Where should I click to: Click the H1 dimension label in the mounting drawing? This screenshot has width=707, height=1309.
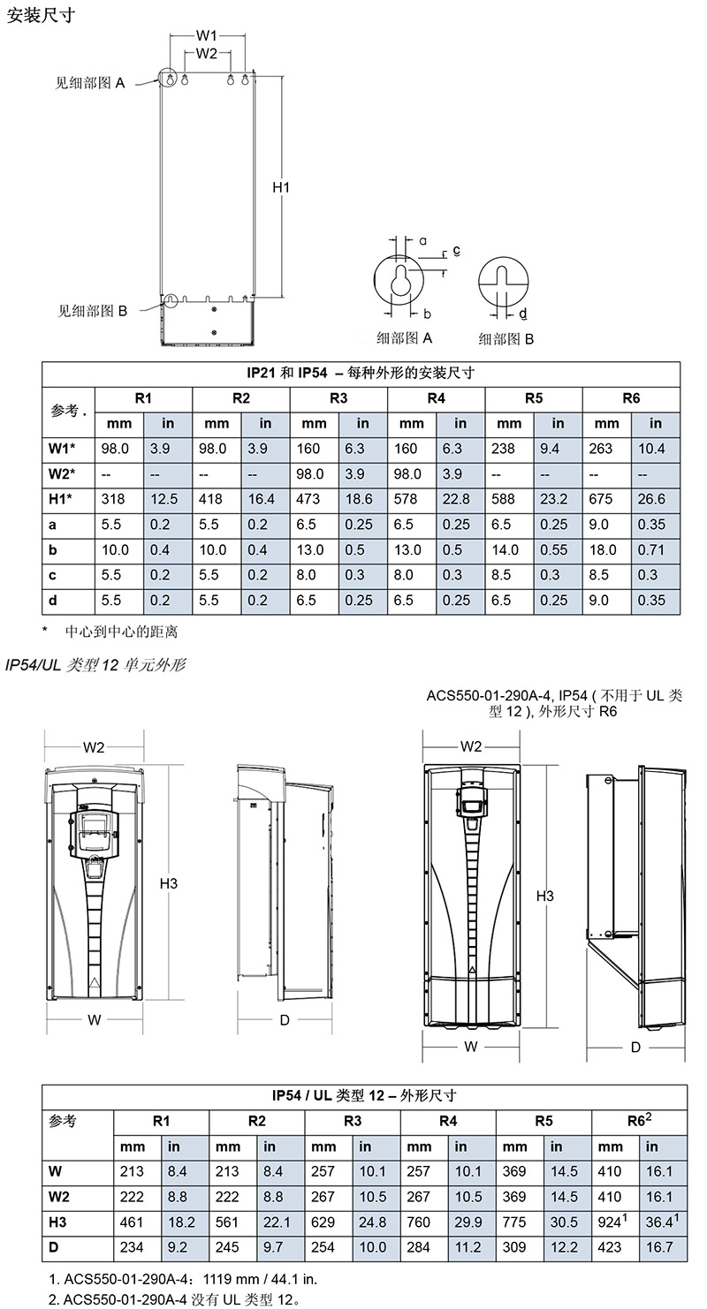tap(281, 187)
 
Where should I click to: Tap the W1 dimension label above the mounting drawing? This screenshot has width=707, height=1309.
tap(207, 35)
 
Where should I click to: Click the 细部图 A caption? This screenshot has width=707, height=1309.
tap(404, 337)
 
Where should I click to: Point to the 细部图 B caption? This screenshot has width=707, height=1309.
tap(506, 339)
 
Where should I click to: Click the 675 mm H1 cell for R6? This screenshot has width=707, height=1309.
tap(601, 499)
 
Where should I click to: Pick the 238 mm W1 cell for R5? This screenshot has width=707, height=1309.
tap(503, 449)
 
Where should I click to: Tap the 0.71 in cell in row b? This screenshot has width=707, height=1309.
tap(651, 550)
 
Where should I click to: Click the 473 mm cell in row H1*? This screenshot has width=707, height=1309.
tap(308, 499)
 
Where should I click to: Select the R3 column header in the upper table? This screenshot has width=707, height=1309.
tap(338, 398)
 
